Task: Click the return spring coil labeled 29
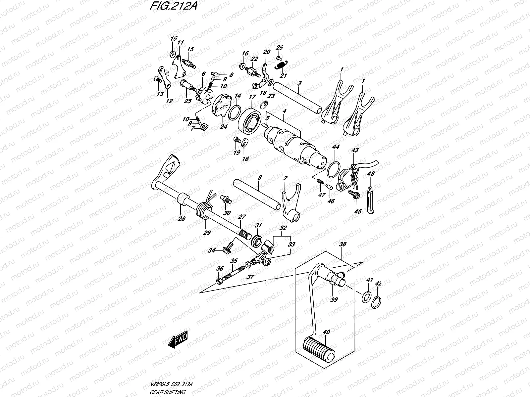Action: [x=203, y=211]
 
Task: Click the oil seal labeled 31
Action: [x=257, y=240]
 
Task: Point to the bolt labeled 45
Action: [x=353, y=195]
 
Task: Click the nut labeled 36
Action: [x=219, y=282]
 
